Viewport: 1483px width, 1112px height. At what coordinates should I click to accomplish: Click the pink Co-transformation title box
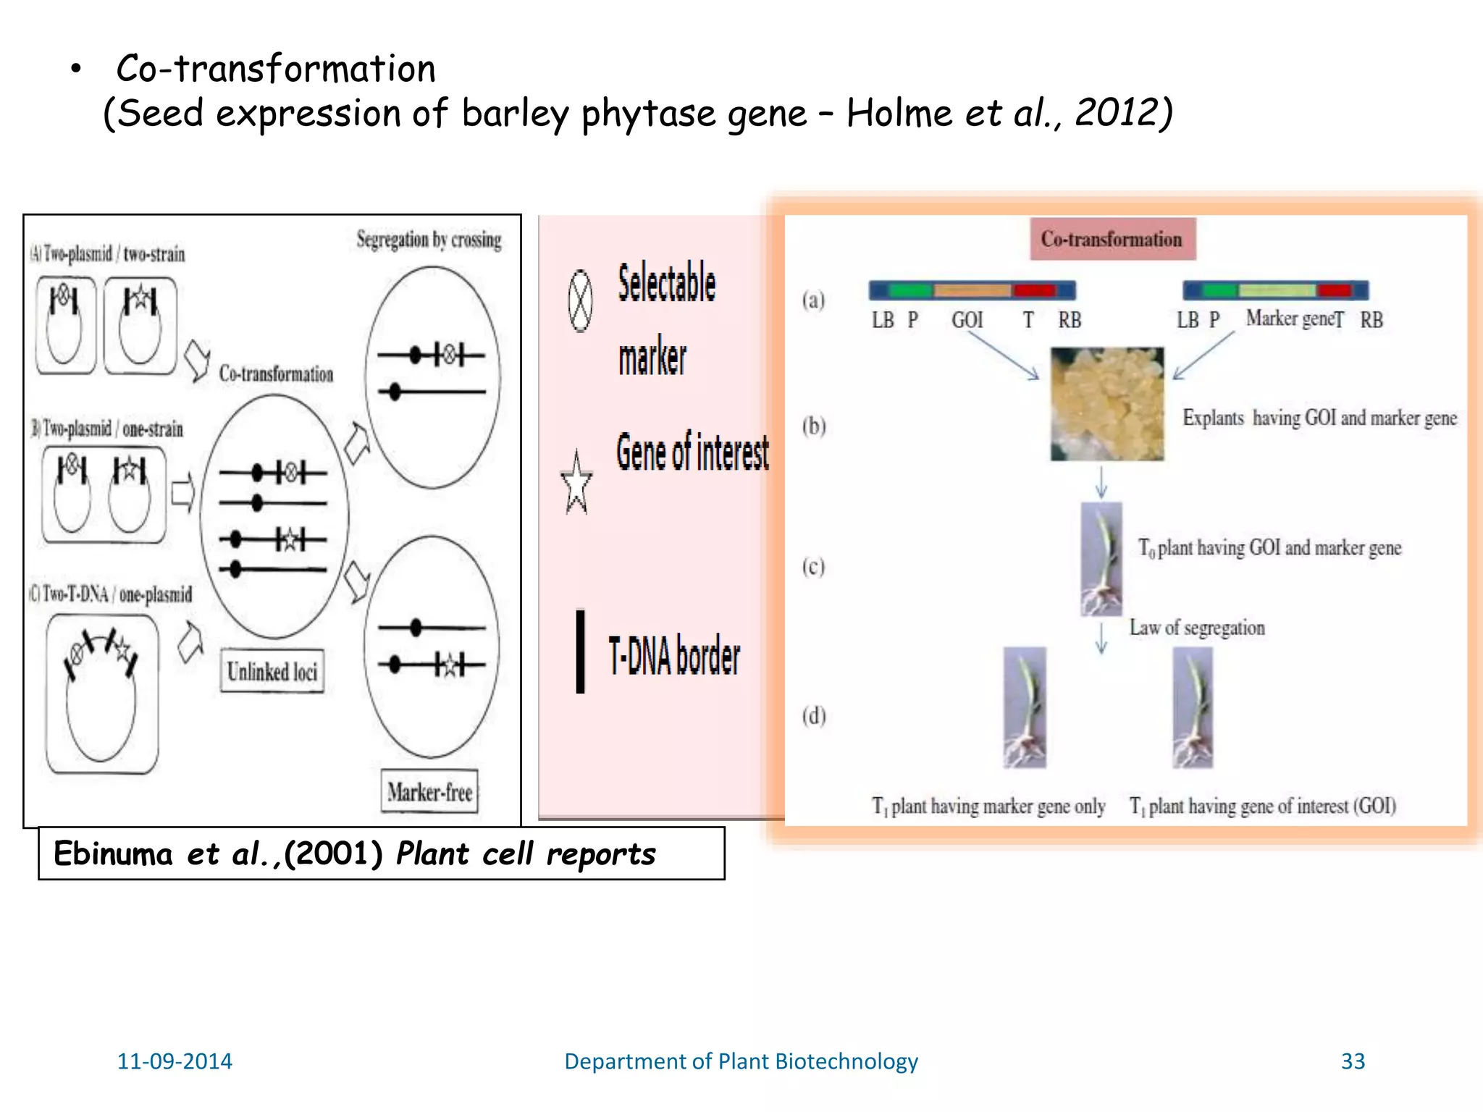tap(1112, 239)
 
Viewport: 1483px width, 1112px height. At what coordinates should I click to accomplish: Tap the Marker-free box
tap(429, 791)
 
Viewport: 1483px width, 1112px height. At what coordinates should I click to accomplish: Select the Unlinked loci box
tap(272, 671)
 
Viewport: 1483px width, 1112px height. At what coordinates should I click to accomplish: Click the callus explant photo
tap(1107, 404)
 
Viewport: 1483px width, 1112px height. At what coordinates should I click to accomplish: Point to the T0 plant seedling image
tap(1101, 559)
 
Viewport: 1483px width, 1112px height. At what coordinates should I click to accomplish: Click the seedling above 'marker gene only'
tap(1025, 707)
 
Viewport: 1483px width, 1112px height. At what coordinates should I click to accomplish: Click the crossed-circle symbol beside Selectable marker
tap(580, 301)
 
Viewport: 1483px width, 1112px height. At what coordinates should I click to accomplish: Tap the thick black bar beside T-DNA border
tap(580, 651)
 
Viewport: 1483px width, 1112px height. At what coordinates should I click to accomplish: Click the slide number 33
tap(1353, 1061)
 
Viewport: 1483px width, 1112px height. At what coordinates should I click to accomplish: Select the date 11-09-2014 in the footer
tap(175, 1061)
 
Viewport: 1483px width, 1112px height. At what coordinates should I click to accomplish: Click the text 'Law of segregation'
tap(1197, 628)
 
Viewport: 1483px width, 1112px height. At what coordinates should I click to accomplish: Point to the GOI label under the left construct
tap(967, 320)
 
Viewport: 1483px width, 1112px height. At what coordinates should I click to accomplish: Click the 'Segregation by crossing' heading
tap(429, 240)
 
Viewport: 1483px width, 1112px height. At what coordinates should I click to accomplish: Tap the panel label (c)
tap(813, 566)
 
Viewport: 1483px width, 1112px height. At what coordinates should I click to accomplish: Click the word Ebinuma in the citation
tap(113, 854)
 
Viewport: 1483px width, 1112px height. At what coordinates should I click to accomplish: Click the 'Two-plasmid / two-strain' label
tap(113, 254)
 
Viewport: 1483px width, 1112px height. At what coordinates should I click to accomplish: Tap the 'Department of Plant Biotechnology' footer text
tap(741, 1061)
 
